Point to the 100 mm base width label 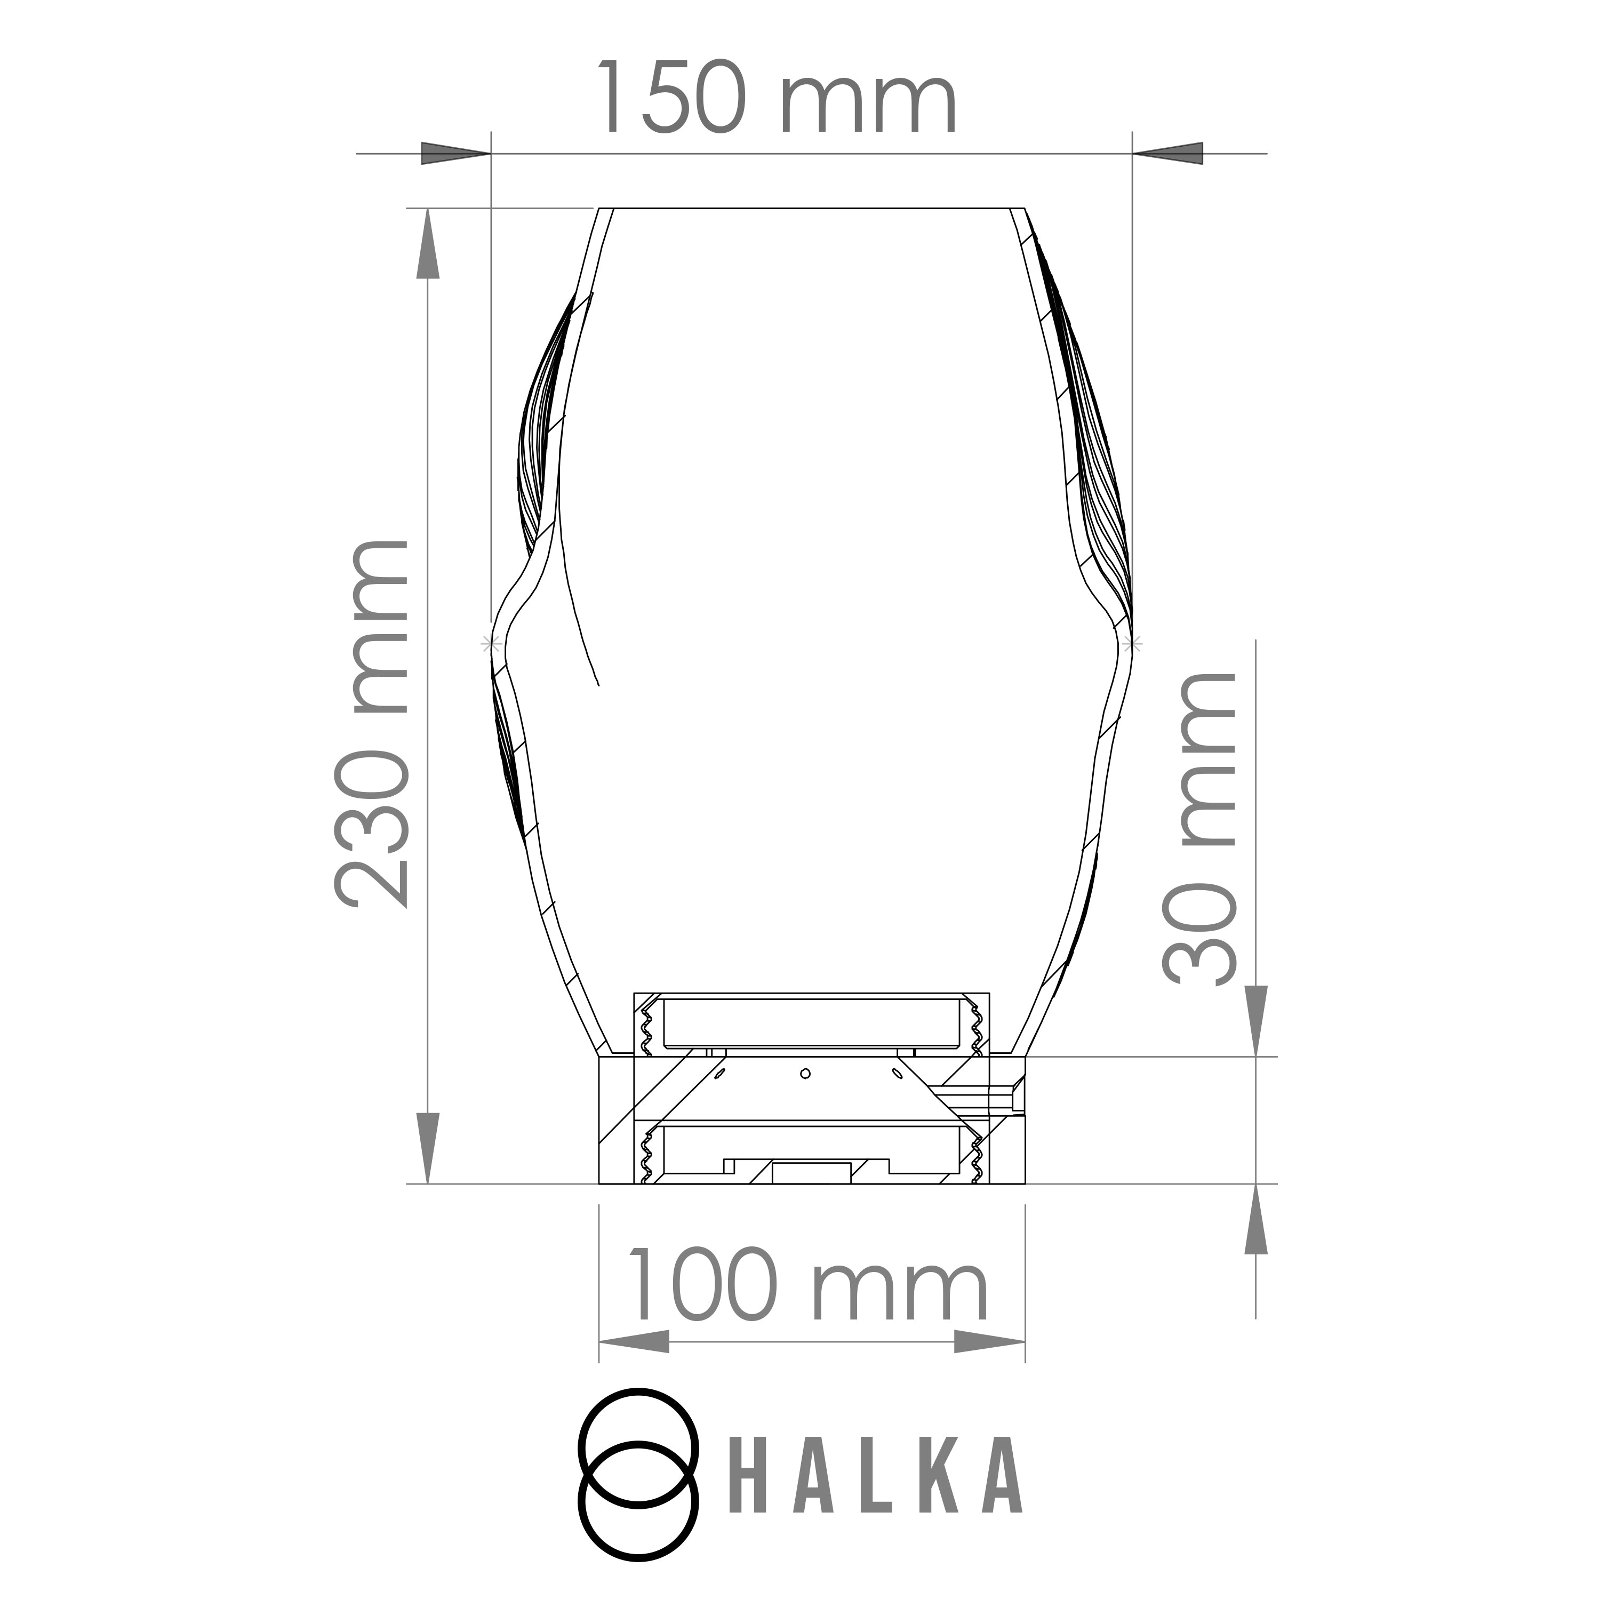[x=809, y=1286]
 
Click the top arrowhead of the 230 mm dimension [x=427, y=244]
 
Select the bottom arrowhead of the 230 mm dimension [x=427, y=1149]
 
